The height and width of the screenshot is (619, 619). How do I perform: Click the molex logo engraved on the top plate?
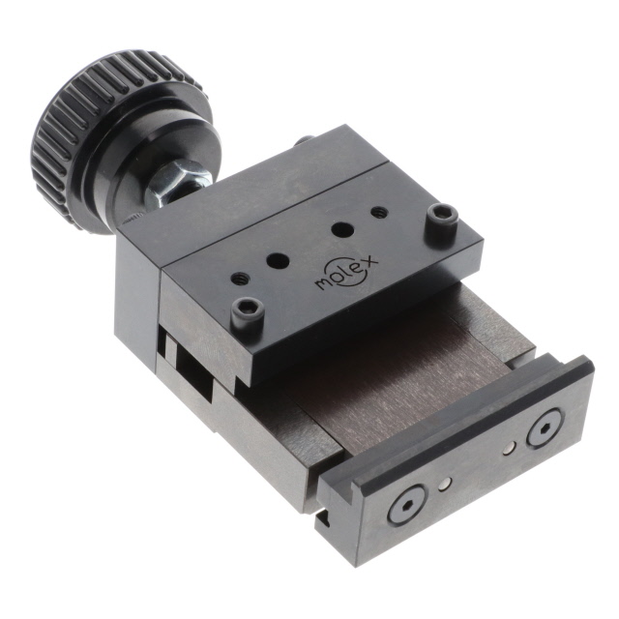[x=347, y=271]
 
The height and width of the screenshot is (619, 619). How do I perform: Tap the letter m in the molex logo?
[x=324, y=284]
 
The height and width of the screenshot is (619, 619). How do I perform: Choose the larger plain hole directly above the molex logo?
[x=339, y=230]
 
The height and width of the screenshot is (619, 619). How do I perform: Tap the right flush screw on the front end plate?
[x=545, y=427]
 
